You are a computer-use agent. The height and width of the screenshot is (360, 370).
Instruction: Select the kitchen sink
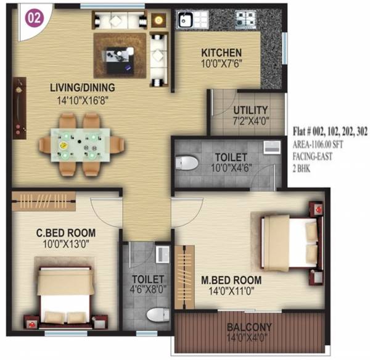tap(184, 20)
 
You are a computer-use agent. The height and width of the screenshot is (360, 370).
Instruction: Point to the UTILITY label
tap(250, 111)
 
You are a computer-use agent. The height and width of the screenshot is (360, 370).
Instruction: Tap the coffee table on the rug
tap(118, 54)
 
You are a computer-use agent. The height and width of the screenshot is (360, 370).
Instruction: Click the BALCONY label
tap(249, 327)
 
